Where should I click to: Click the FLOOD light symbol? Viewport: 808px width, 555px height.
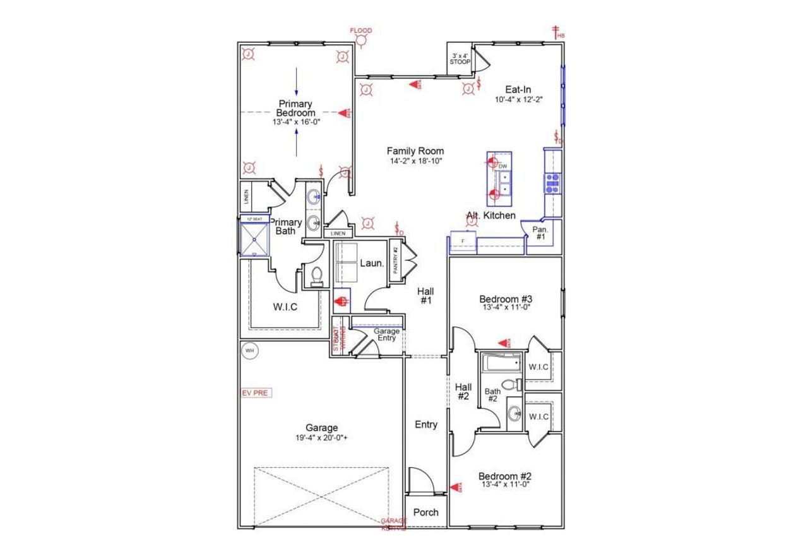(x=362, y=41)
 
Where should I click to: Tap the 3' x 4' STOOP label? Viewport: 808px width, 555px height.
(x=459, y=59)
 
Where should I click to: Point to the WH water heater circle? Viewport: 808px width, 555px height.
(x=249, y=350)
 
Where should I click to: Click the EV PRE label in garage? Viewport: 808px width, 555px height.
(x=256, y=393)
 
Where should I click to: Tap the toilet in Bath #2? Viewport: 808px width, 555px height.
(x=510, y=384)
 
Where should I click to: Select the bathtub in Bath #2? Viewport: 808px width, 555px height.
(x=500, y=364)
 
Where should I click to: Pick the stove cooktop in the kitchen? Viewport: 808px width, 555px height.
(x=552, y=182)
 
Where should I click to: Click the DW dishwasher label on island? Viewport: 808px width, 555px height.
(x=503, y=166)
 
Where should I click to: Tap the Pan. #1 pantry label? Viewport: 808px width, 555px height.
(x=540, y=232)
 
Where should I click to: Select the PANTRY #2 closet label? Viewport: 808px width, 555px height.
(x=396, y=259)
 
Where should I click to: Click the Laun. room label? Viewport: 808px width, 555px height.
(x=372, y=263)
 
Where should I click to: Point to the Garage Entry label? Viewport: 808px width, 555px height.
(x=386, y=335)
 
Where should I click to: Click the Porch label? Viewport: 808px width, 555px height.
(x=425, y=512)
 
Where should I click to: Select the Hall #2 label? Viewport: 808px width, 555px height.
(x=463, y=391)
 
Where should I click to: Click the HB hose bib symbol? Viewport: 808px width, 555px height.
(x=557, y=32)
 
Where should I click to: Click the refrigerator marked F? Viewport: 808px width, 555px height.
(x=463, y=242)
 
